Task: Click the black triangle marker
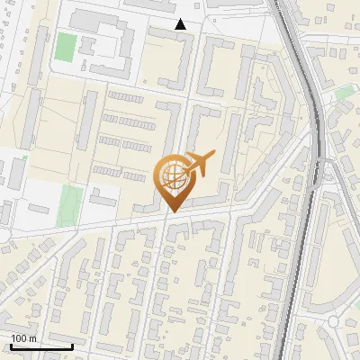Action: click(x=181, y=25)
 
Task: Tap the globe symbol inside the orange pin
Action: click(x=175, y=176)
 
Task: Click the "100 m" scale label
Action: click(x=23, y=337)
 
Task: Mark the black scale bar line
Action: click(x=41, y=347)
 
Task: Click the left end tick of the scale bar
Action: click(x=11, y=346)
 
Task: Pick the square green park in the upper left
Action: click(x=66, y=46)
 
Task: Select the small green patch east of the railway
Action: click(x=345, y=93)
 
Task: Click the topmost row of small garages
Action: click(x=125, y=97)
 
